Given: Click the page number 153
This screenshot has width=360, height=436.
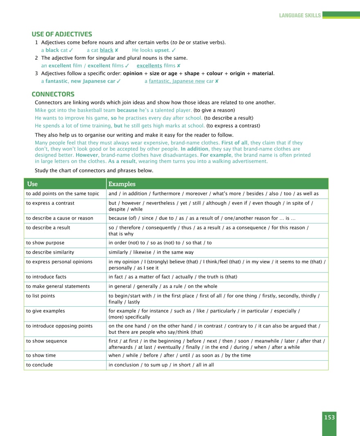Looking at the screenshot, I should [329, 417].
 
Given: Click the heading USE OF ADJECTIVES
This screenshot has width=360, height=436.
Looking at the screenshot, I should [62, 34].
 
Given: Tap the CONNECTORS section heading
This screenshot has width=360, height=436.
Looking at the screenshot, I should [53, 94].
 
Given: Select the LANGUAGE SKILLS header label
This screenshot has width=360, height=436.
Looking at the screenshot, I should [300, 16].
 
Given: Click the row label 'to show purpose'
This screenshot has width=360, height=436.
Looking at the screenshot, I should [45, 243].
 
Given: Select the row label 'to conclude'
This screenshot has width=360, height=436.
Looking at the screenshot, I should [39, 364].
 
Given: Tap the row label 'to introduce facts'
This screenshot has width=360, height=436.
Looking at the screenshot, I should [46, 276].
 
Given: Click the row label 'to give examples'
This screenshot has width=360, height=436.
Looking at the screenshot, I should [45, 311].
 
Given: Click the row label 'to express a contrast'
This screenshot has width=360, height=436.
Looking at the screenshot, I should [50, 202].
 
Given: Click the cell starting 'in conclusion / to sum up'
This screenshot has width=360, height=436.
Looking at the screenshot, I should [161, 364].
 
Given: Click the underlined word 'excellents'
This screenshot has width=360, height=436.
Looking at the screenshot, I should [149, 65].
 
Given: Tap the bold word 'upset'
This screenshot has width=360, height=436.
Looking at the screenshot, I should [162, 50].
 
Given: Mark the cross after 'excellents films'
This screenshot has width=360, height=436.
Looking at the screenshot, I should [178, 65].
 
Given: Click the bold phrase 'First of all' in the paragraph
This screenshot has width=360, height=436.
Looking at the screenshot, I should [234, 143].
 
